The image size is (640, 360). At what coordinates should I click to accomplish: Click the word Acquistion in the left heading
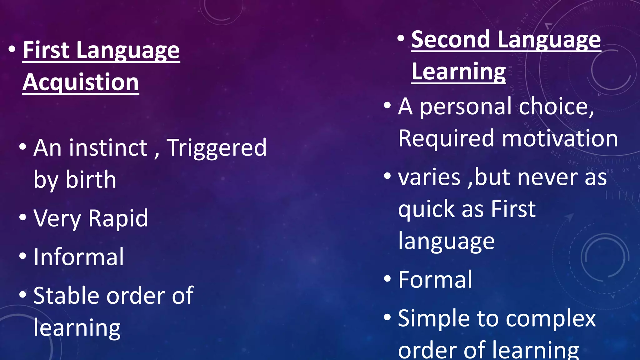[81, 82]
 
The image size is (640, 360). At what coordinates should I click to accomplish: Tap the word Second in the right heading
[450, 40]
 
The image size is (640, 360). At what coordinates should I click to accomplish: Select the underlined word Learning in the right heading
[458, 72]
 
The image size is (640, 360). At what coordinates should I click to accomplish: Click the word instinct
[108, 147]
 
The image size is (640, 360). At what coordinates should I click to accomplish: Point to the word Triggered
[217, 148]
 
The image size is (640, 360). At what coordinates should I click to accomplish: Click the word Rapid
[118, 218]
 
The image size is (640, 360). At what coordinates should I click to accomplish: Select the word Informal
[79, 257]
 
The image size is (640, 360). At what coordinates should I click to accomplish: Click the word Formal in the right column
[435, 280]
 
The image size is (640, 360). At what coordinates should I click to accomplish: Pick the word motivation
[560, 138]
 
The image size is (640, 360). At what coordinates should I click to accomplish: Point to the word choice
[556, 107]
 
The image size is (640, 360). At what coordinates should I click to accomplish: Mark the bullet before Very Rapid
[22, 217]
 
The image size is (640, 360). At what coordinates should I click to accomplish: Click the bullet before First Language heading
[12, 49]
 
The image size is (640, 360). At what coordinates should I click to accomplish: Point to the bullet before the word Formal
[387, 278]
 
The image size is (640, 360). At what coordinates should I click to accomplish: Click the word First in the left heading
[46, 50]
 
